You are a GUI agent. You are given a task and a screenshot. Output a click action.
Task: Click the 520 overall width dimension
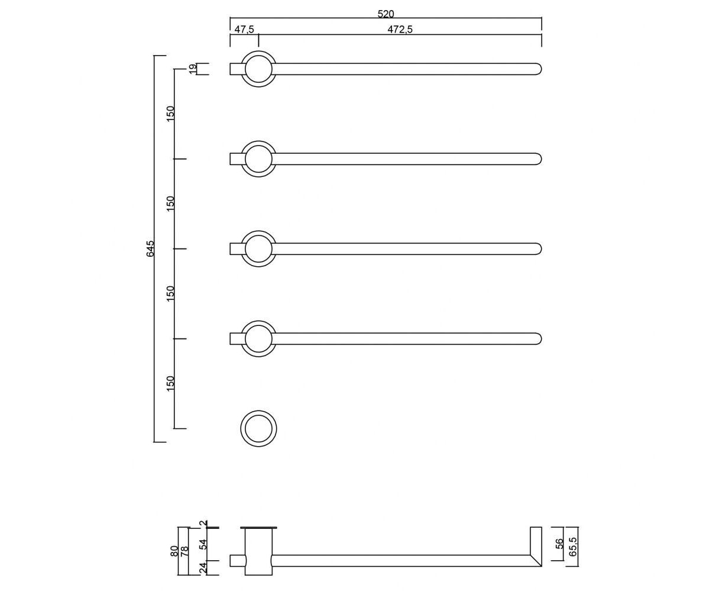(x=386, y=14)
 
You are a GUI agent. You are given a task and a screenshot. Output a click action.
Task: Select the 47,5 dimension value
(x=244, y=30)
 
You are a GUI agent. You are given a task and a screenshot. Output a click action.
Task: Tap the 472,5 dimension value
(x=400, y=30)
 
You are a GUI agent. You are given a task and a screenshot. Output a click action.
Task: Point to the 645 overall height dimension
(x=151, y=248)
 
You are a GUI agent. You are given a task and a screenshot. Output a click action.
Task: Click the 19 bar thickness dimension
(x=193, y=69)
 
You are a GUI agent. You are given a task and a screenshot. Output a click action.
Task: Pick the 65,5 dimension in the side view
(x=573, y=547)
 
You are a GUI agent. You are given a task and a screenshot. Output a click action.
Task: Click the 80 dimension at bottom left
(x=174, y=551)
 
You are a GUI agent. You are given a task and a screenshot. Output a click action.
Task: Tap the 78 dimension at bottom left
(x=184, y=551)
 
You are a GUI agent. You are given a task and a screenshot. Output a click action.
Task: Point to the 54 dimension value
(x=203, y=544)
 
